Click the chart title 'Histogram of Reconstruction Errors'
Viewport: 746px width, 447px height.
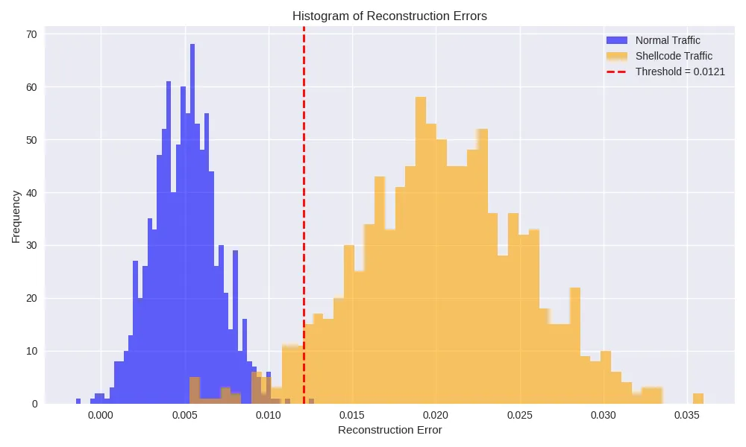pyautogui.click(x=389, y=16)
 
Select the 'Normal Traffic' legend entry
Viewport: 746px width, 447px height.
pyautogui.click(x=668, y=40)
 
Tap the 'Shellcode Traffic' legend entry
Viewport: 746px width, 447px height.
pyautogui.click(x=674, y=56)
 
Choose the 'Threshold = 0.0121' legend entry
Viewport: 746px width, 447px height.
pyautogui.click(x=680, y=72)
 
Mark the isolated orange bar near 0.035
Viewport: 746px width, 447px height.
pyautogui.click(x=698, y=399)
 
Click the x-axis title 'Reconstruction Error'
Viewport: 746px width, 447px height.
pyautogui.click(x=389, y=430)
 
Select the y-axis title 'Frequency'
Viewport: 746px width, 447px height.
pyautogui.click(x=16, y=217)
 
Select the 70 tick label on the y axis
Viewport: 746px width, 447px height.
pyautogui.click(x=32, y=34)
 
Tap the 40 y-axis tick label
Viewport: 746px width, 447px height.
pyautogui.click(x=32, y=193)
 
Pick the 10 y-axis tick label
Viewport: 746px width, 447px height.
pyautogui.click(x=32, y=351)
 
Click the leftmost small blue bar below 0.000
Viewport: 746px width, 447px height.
pyautogui.click(x=78, y=401)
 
